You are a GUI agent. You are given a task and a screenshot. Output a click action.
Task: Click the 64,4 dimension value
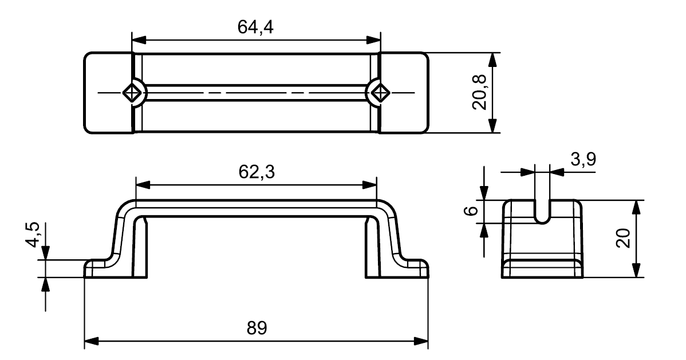pyautogui.click(x=255, y=27)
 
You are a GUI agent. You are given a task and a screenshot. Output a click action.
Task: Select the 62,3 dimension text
pyautogui.click(x=257, y=172)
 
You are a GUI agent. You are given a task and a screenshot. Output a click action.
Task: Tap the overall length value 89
pyautogui.click(x=257, y=327)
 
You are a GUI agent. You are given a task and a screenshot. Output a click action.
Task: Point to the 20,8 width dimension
pyautogui.click(x=479, y=93)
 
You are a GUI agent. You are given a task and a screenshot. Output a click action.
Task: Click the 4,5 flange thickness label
pyautogui.click(x=33, y=235)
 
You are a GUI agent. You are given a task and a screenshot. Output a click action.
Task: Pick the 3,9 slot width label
pyautogui.click(x=583, y=160)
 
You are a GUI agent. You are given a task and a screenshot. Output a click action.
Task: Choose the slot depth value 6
pyautogui.click(x=470, y=211)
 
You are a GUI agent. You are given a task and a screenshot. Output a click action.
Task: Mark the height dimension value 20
pyautogui.click(x=623, y=239)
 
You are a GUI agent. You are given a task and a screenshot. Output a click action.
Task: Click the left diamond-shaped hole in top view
pyautogui.click(x=132, y=93)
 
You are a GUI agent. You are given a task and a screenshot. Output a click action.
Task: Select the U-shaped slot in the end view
pyautogui.click(x=542, y=212)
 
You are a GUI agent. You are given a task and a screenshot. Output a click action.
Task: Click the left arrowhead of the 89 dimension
pyautogui.click(x=90, y=341)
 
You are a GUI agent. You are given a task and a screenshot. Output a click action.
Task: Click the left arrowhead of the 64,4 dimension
pyautogui.click(x=138, y=40)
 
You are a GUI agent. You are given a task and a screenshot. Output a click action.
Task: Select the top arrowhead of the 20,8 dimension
pyautogui.click(x=494, y=60)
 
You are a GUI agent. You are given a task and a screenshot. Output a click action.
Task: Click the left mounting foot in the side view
pyautogui.click(x=101, y=268)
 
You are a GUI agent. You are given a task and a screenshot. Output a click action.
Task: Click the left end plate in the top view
pyautogui.click(x=108, y=93)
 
